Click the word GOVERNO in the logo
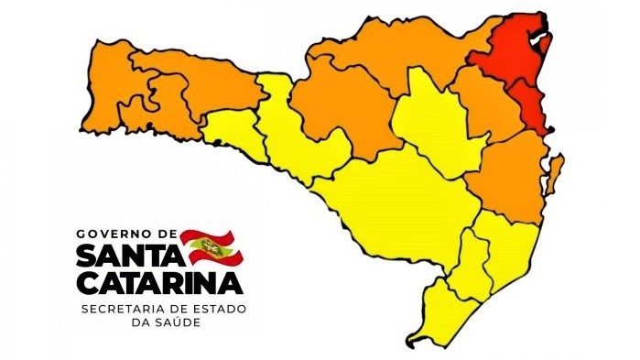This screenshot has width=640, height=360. (x=113, y=234)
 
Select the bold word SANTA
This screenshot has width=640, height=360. (x=127, y=252)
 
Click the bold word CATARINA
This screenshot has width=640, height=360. (x=160, y=278)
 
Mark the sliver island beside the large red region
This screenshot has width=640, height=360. (x=546, y=43)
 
